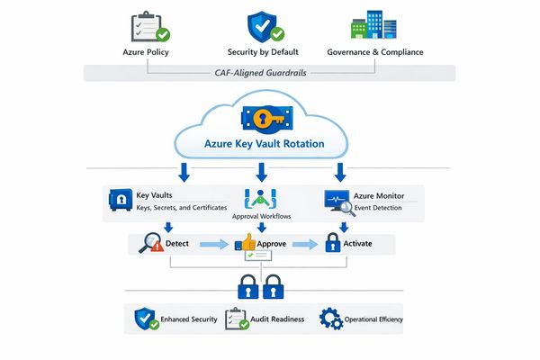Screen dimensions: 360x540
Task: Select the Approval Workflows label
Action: tap(260, 217)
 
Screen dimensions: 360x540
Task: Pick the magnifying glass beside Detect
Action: tap(149, 243)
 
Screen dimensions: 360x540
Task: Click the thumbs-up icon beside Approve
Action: tap(245, 243)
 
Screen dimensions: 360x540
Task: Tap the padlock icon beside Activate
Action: tap(332, 243)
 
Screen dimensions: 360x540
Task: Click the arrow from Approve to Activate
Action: tap(305, 244)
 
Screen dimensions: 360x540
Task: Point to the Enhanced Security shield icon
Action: tap(146, 319)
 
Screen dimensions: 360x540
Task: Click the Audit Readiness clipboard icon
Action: tap(236, 319)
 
